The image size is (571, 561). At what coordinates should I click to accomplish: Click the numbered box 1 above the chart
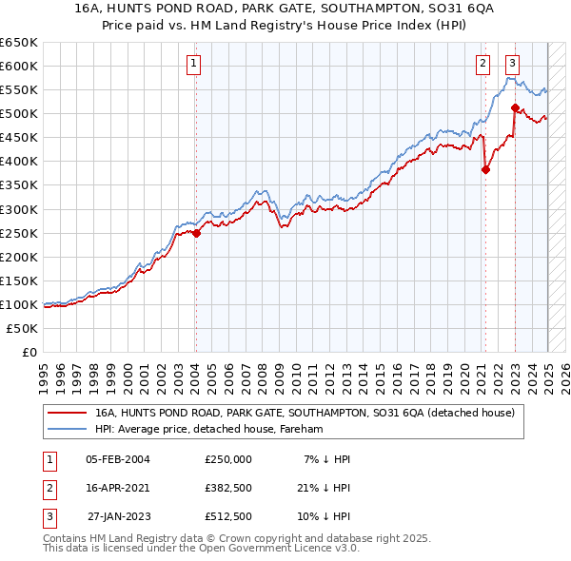(x=193, y=64)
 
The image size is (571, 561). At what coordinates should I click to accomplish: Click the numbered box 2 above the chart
(x=482, y=64)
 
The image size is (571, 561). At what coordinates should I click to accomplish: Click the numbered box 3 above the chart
(x=512, y=64)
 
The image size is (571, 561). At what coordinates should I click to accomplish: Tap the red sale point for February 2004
(x=196, y=233)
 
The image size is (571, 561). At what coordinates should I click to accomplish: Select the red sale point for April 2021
(x=485, y=170)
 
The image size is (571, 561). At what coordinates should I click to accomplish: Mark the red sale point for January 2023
(x=515, y=107)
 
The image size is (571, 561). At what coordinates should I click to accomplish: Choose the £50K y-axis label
(x=23, y=328)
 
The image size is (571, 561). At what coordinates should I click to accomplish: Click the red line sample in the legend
(x=68, y=413)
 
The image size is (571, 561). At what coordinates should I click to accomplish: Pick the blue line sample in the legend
(x=68, y=430)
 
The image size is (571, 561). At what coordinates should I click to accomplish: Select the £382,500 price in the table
(x=227, y=488)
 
